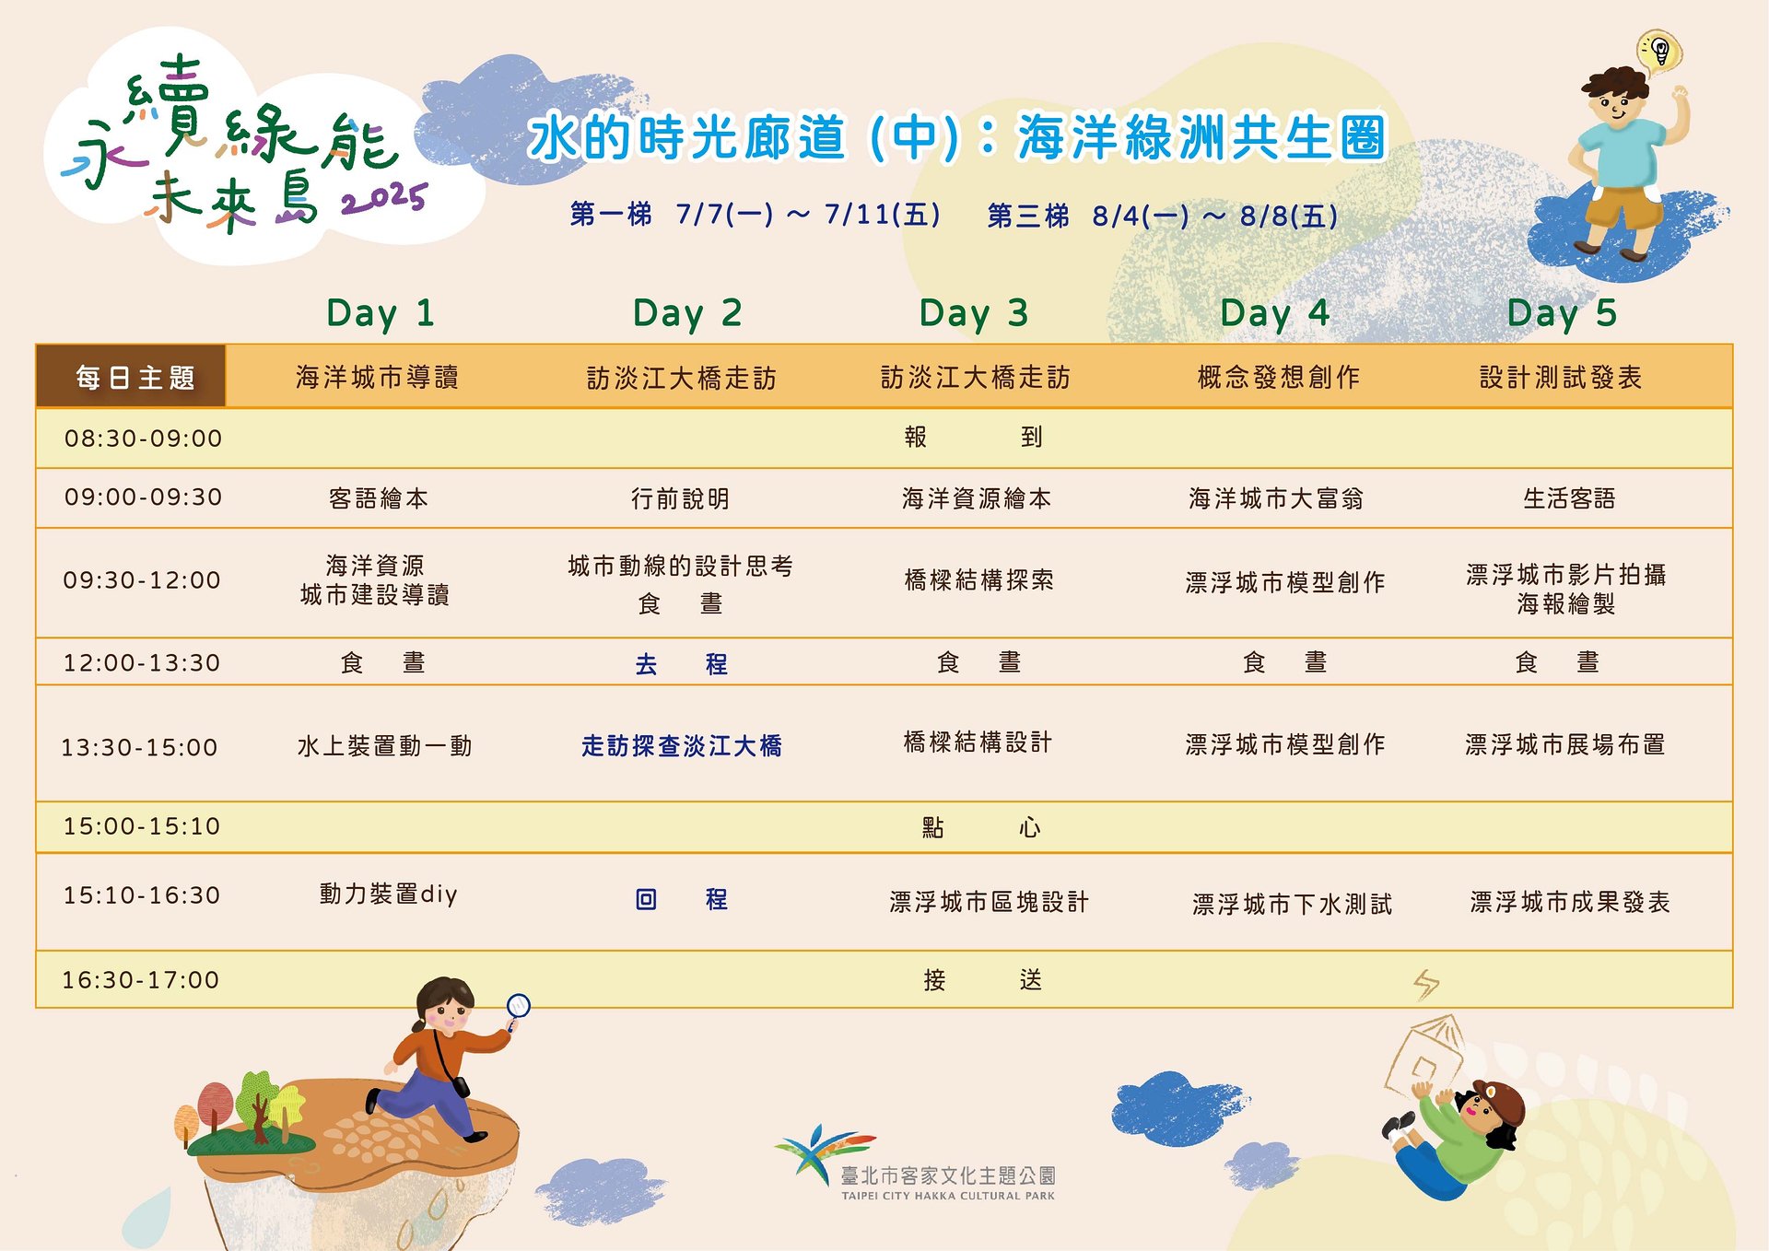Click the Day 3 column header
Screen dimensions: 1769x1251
click(x=974, y=313)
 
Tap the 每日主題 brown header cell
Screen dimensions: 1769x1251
click(x=131, y=376)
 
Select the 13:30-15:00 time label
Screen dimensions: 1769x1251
click(x=139, y=747)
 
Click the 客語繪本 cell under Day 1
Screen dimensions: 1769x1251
click(x=378, y=498)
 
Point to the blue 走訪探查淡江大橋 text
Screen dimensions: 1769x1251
click(x=682, y=745)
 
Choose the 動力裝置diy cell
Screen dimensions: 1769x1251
click(x=388, y=894)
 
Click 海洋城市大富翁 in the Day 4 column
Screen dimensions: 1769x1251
click(x=1276, y=498)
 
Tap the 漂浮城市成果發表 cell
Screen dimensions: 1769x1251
click(x=1570, y=902)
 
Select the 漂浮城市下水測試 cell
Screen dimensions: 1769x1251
click(x=1292, y=904)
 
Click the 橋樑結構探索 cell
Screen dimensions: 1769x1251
click(x=978, y=579)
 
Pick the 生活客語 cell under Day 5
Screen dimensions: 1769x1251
click(x=1569, y=498)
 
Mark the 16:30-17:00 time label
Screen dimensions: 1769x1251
click(x=140, y=979)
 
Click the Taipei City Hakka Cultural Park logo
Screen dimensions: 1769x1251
click(x=916, y=1163)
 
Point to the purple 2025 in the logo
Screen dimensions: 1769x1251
click(x=384, y=199)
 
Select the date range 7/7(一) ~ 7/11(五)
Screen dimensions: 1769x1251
click(x=808, y=215)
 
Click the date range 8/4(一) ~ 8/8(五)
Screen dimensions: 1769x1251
click(x=1215, y=216)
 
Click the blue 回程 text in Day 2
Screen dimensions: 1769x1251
click(x=682, y=899)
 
